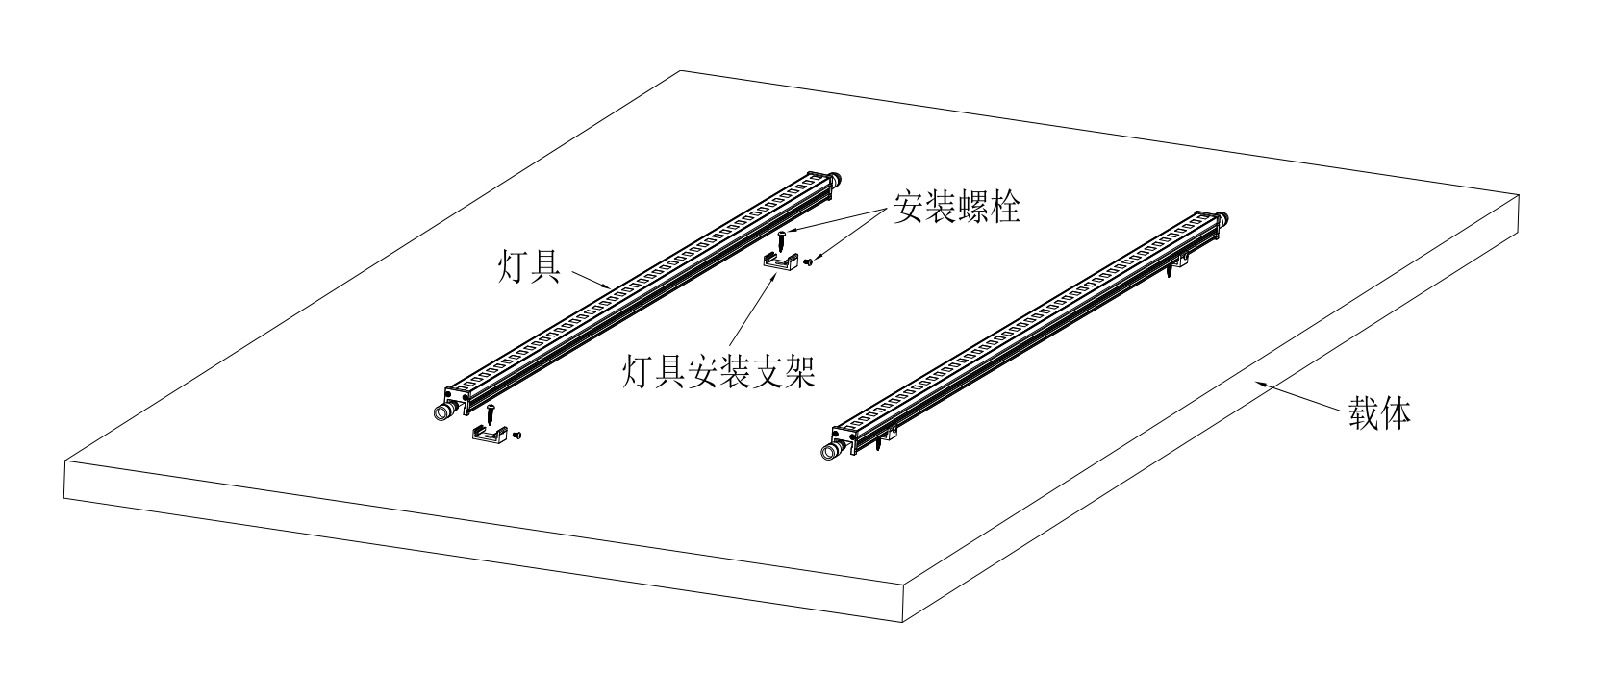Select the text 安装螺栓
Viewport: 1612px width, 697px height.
tap(956, 207)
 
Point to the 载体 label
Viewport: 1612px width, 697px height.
tap(1379, 414)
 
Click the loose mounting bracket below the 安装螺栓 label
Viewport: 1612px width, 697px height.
tap(780, 261)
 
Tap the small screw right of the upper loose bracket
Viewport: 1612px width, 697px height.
tap(808, 261)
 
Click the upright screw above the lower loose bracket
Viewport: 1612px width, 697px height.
tap(491, 413)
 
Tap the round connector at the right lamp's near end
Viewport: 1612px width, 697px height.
tap(828, 451)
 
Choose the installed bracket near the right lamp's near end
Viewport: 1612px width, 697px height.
tap(887, 439)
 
